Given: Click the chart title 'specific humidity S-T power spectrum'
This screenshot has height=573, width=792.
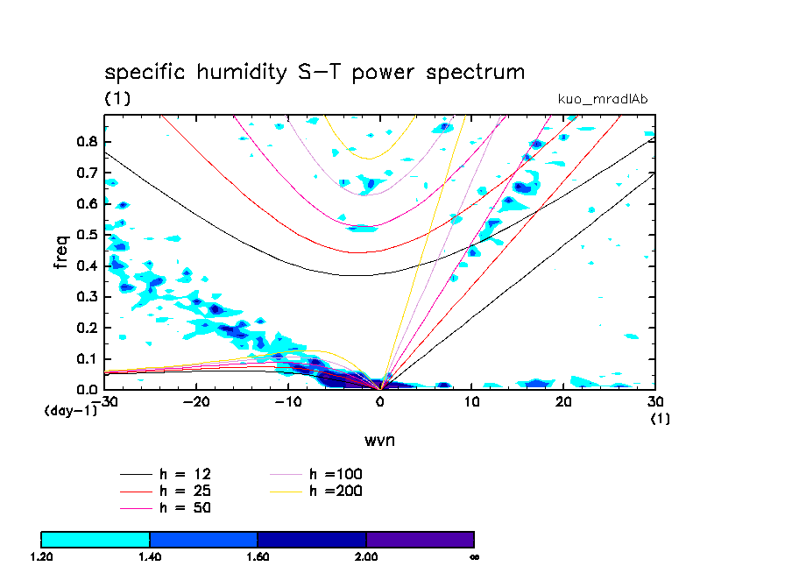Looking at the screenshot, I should click(x=315, y=72).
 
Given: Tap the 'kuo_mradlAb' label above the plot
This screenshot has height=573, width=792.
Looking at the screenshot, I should click(x=603, y=99).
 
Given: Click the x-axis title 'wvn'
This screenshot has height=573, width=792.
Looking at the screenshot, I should click(x=379, y=440).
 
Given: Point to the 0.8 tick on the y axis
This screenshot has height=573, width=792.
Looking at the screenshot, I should click(x=87, y=141).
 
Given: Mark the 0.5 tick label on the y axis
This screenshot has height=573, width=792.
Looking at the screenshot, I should click(x=87, y=235).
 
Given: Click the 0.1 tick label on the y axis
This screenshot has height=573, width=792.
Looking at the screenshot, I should click(x=87, y=358).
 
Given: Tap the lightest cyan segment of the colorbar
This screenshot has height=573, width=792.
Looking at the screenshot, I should click(x=95, y=539).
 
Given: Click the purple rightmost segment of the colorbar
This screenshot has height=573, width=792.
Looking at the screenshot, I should click(x=420, y=539).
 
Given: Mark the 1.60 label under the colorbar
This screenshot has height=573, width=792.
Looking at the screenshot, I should click(x=258, y=556).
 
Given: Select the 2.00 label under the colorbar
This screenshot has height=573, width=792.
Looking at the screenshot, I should click(x=366, y=556).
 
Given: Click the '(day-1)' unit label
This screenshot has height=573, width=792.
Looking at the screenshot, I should click(x=70, y=410).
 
